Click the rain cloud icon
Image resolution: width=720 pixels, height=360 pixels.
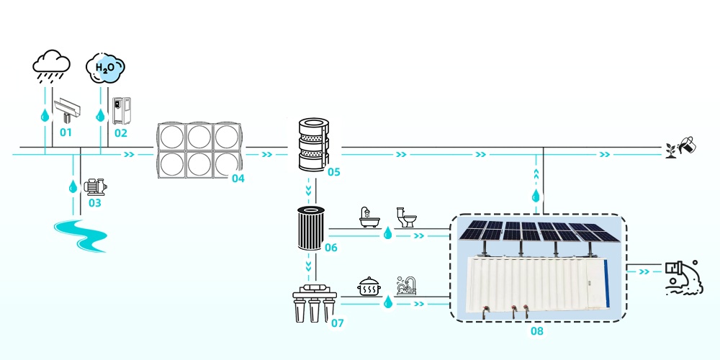51,65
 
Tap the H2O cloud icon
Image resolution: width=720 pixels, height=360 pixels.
105,68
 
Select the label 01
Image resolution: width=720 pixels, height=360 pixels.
66,132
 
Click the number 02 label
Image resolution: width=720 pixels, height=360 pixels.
120,132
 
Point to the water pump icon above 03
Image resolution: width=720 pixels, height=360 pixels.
94,186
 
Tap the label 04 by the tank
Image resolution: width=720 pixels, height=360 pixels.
238,178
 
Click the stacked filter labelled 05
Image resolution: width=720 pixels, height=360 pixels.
312,145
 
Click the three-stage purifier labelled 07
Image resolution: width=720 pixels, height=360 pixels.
312,305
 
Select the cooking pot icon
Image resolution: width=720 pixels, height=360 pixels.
369,287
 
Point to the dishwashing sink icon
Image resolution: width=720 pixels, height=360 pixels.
406,286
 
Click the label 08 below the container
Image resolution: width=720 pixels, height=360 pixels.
536,331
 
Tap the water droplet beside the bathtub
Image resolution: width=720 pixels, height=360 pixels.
387,233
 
